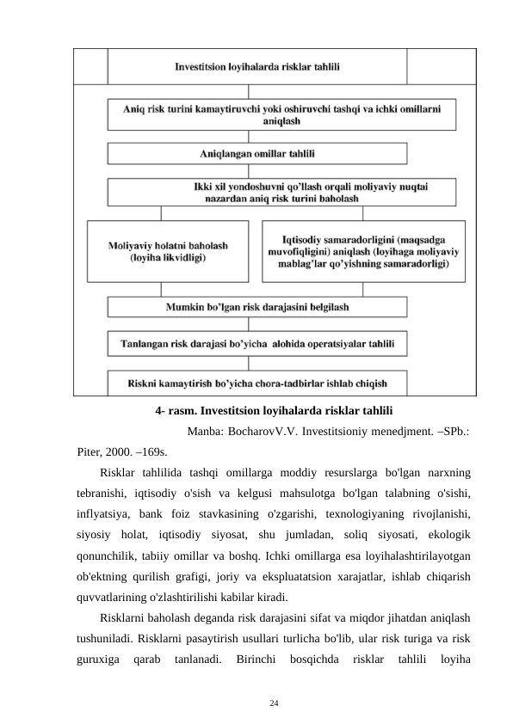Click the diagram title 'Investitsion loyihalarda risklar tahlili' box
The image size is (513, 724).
256,65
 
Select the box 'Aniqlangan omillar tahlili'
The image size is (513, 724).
256,154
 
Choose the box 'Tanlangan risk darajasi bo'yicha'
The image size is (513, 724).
256,345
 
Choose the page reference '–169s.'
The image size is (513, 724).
154,450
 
